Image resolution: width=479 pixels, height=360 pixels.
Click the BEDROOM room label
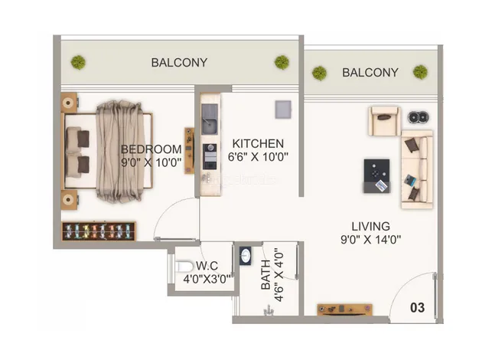click(152, 149)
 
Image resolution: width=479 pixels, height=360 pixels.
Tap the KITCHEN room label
click(258, 143)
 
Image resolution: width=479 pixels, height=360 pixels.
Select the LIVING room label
click(370, 226)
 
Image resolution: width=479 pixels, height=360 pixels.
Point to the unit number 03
click(417, 307)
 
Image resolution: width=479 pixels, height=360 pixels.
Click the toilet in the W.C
click(184, 266)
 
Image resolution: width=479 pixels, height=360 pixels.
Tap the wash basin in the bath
click(246, 256)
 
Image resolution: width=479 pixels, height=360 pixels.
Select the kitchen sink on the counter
click(210, 119)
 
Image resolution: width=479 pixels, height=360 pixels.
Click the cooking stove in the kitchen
click(210, 156)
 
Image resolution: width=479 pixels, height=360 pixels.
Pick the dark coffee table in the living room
click(376, 176)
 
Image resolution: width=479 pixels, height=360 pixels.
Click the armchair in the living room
click(384, 120)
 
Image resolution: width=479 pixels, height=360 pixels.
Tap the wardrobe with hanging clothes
click(99, 231)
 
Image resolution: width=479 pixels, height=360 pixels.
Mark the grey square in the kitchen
click(283, 110)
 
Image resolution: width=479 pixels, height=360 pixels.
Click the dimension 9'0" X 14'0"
click(370, 240)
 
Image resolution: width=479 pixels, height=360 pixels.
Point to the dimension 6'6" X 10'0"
click(258, 156)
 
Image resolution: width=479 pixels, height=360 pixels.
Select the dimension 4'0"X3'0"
click(207, 279)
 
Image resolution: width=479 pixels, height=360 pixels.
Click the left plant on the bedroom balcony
click(78, 62)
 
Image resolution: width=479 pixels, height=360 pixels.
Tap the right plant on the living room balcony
click(420, 72)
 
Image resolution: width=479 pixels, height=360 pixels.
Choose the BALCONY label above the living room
click(370, 73)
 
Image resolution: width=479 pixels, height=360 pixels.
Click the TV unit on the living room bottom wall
click(344, 309)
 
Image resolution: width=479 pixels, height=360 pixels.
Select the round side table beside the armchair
click(419, 116)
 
